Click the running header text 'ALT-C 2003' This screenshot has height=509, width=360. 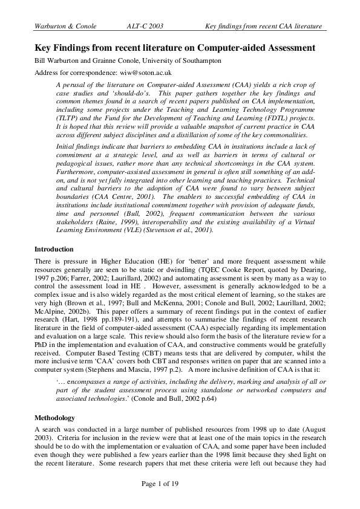[146, 27]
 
